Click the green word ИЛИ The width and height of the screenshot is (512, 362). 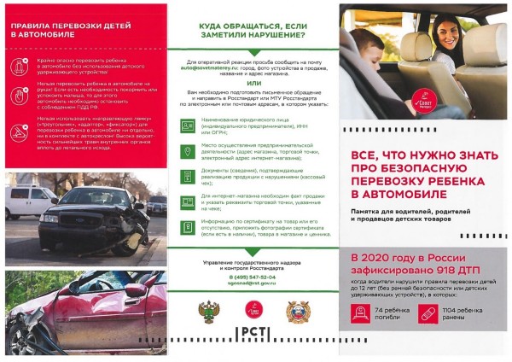[x=253, y=84]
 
